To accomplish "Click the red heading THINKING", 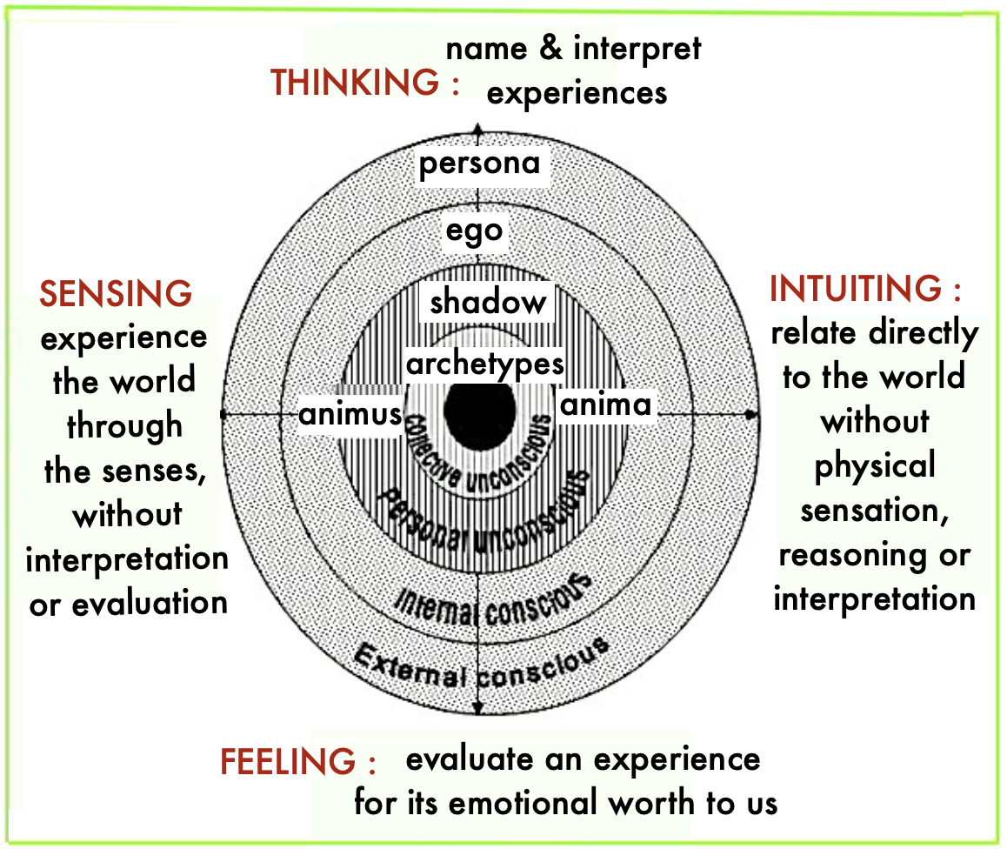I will coord(355,84).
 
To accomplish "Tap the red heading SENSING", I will coord(116,294).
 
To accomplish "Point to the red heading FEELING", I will coord(288,762).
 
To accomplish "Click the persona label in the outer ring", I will coord(479,164).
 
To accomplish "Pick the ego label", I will coord(475,231).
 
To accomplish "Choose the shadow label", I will coord(489,302).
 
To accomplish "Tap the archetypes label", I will coord(485,363).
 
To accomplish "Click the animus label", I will coord(350,414).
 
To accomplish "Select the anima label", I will coord(606,404).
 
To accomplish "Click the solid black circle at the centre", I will coord(478,410).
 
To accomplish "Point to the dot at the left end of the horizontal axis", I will coord(224,415).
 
